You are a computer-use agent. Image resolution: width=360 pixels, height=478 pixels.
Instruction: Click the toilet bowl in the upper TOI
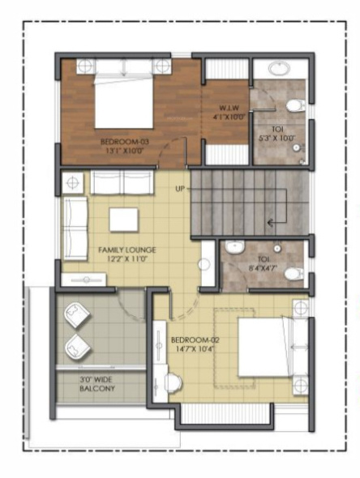coord(297,105)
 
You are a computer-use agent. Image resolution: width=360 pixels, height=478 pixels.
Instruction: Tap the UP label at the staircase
coord(180,189)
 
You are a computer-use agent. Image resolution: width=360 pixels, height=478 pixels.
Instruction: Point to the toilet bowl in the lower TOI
coord(295,274)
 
